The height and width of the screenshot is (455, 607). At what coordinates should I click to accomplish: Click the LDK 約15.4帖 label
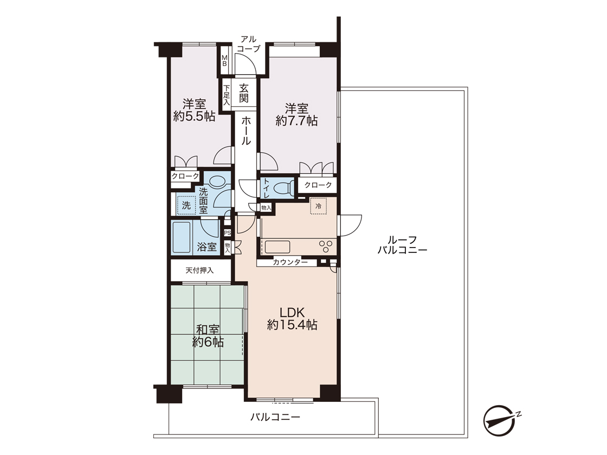click(292, 318)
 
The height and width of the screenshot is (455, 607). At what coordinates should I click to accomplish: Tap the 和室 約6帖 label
click(208, 336)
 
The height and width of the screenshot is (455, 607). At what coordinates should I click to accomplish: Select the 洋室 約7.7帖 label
click(297, 114)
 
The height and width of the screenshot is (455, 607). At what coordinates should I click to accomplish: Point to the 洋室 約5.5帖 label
click(195, 110)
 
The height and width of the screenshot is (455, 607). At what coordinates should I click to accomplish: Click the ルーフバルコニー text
click(402, 245)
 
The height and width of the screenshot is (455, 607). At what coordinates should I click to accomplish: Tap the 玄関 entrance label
click(243, 93)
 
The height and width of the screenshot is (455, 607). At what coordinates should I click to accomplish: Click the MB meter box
click(224, 61)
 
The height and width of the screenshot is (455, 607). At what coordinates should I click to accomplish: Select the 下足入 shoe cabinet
click(227, 95)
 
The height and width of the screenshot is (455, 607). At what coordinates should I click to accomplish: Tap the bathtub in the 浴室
click(182, 237)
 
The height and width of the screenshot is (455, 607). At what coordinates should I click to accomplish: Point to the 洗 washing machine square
click(186, 205)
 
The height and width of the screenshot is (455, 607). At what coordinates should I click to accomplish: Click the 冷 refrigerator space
click(318, 206)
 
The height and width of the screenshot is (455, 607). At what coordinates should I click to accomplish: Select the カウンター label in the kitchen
click(290, 262)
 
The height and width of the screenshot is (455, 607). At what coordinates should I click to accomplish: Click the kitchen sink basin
click(277, 247)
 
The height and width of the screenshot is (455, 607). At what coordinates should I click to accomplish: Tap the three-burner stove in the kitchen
click(325, 246)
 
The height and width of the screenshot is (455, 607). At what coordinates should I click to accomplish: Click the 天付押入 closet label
click(199, 270)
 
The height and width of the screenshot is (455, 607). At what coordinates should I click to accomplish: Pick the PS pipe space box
click(228, 233)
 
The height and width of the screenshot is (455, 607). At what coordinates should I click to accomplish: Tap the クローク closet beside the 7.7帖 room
click(318, 185)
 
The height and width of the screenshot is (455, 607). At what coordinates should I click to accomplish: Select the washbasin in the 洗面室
click(217, 181)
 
